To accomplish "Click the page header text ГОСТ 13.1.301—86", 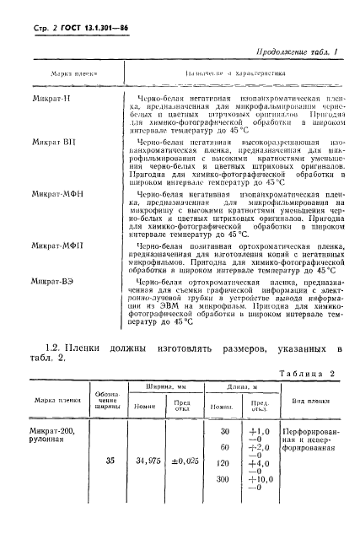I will coord(91,28).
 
